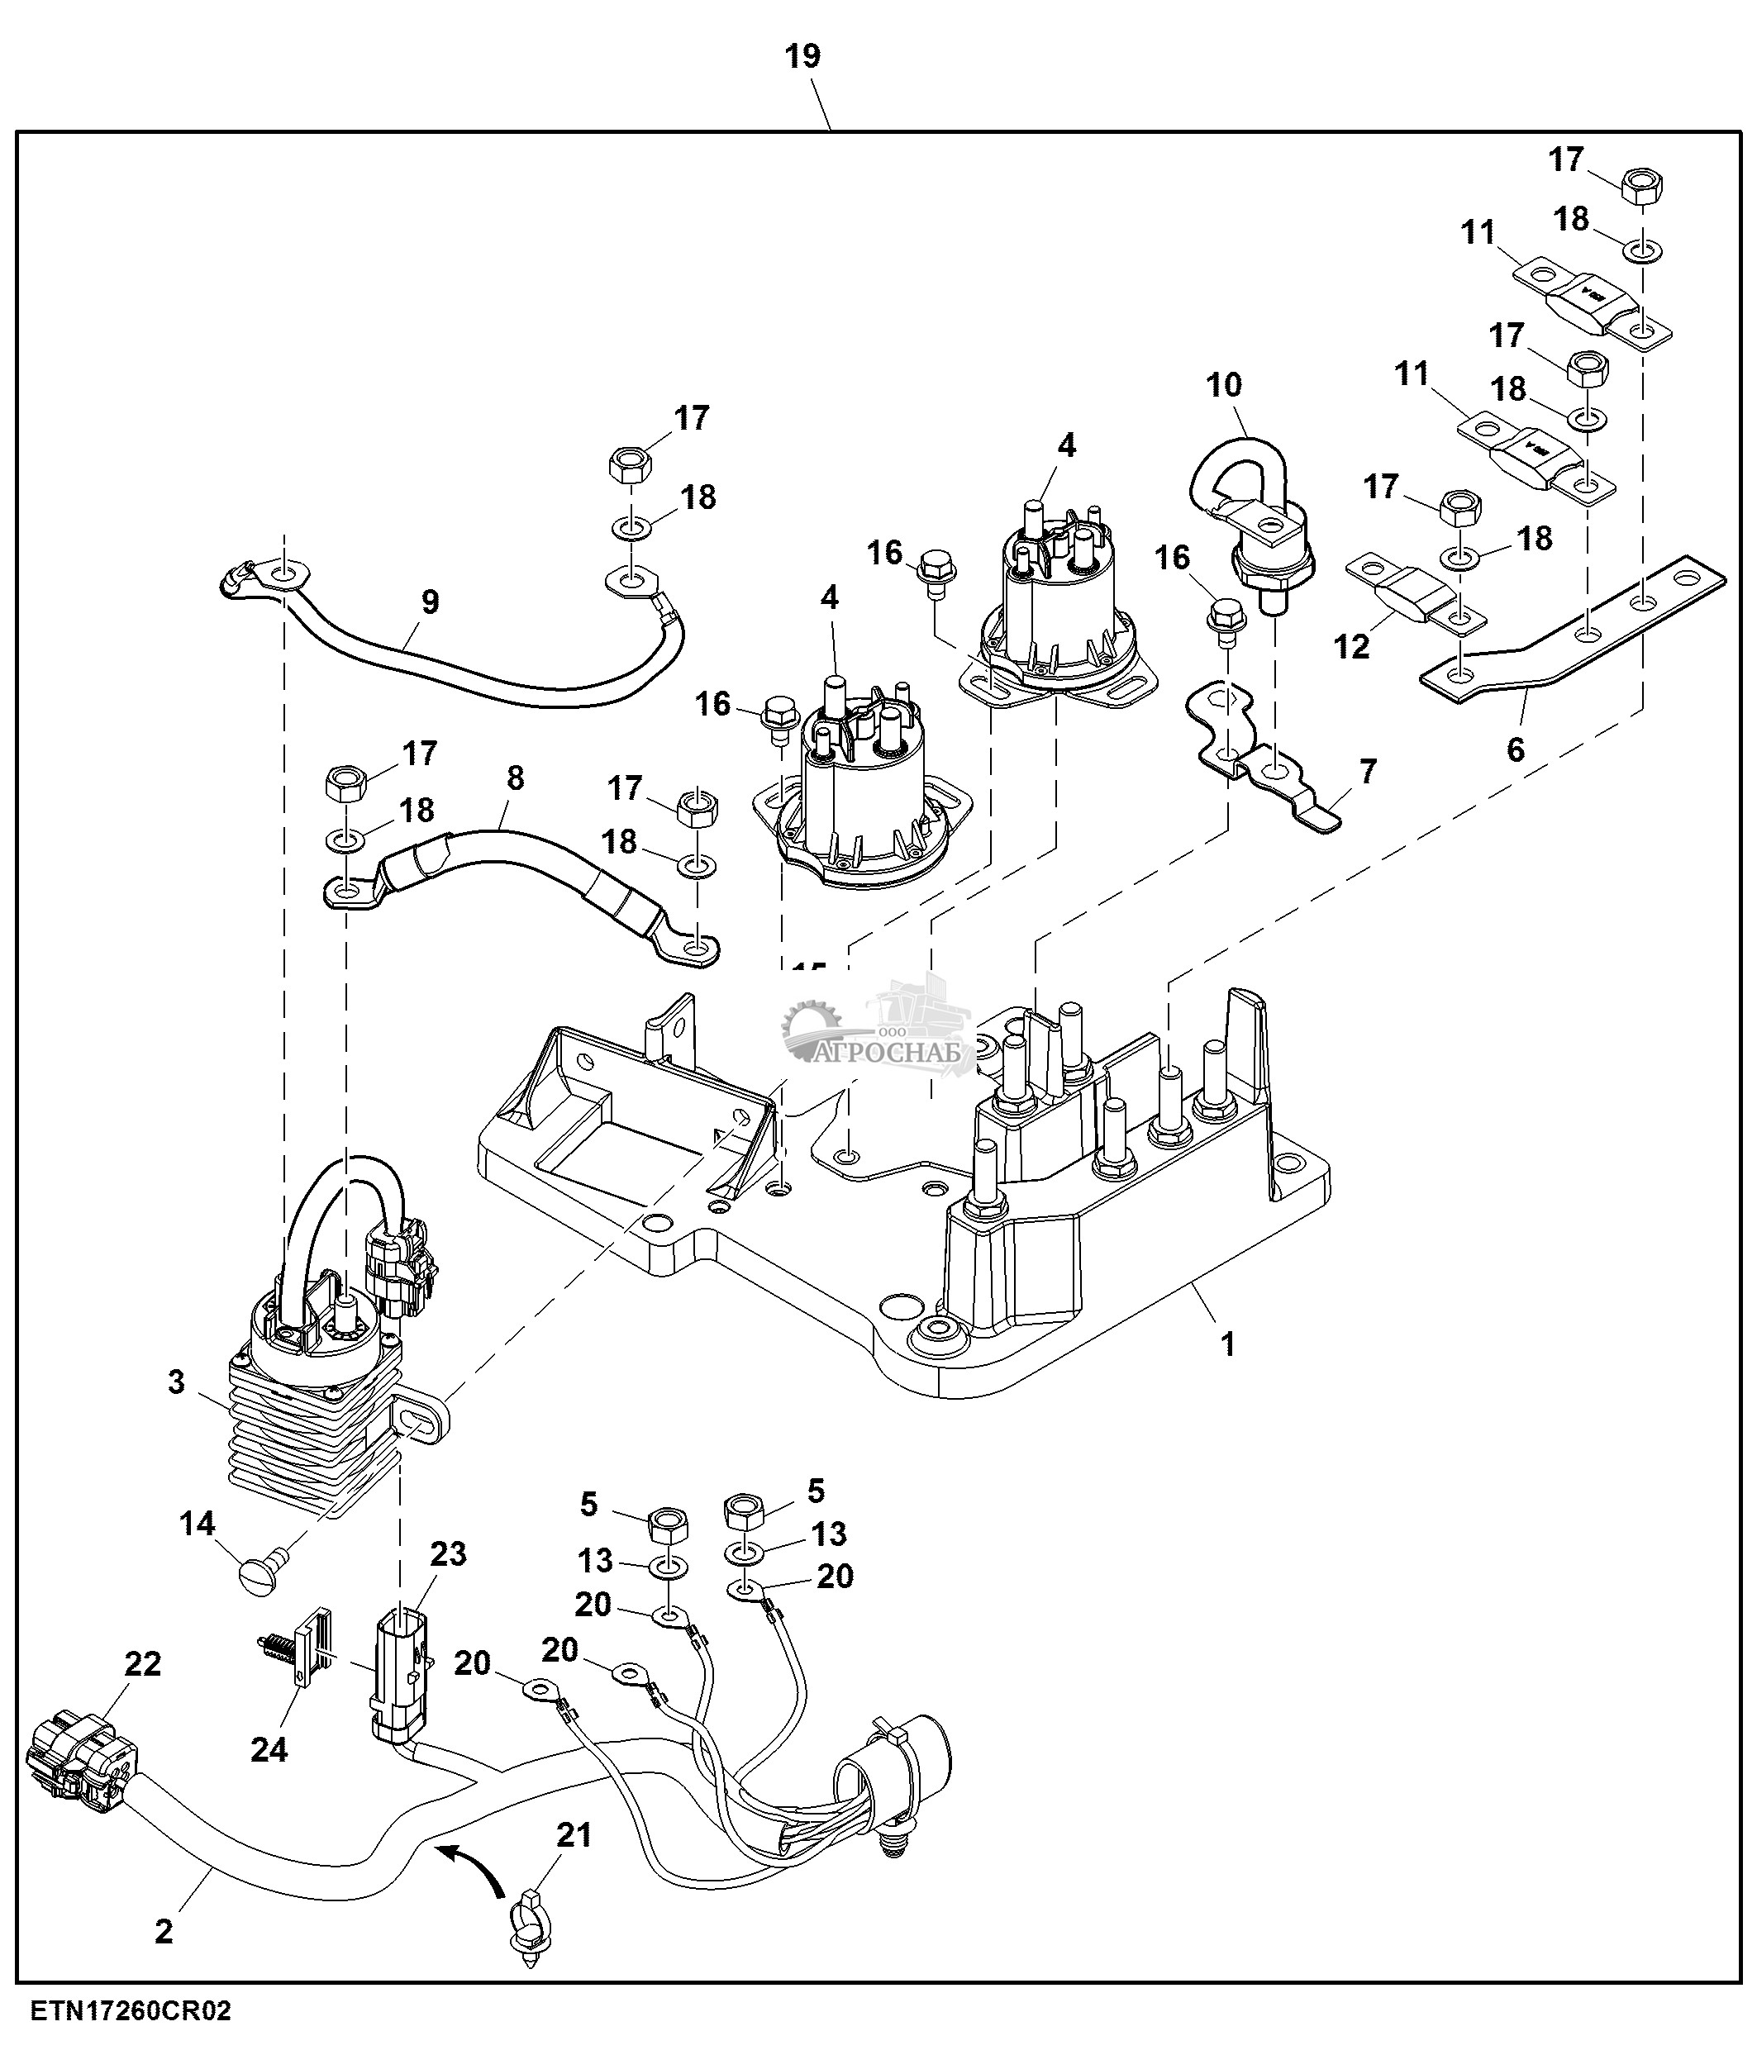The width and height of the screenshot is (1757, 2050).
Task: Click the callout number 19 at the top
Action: click(x=802, y=56)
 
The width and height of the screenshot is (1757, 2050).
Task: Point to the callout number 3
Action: click(x=176, y=1382)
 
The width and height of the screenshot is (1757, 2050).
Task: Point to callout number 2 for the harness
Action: click(x=164, y=1930)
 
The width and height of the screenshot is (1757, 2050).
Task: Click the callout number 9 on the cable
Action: click(x=430, y=602)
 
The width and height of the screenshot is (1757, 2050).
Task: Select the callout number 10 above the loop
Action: click(x=1224, y=385)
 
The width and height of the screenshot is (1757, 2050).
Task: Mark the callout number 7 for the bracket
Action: click(x=1367, y=771)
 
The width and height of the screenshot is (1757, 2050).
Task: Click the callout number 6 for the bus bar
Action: click(x=1515, y=750)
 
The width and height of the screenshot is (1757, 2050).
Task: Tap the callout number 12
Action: click(x=1351, y=646)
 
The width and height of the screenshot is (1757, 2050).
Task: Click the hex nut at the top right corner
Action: click(x=1642, y=185)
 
